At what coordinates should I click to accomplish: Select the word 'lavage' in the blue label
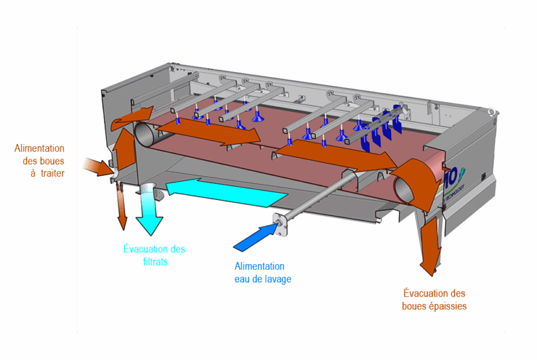(275, 279)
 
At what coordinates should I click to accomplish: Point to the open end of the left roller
(145, 134)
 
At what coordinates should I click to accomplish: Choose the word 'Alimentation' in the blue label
(259, 266)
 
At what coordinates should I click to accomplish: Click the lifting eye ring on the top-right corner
(493, 111)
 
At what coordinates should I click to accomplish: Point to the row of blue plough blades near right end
(381, 129)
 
